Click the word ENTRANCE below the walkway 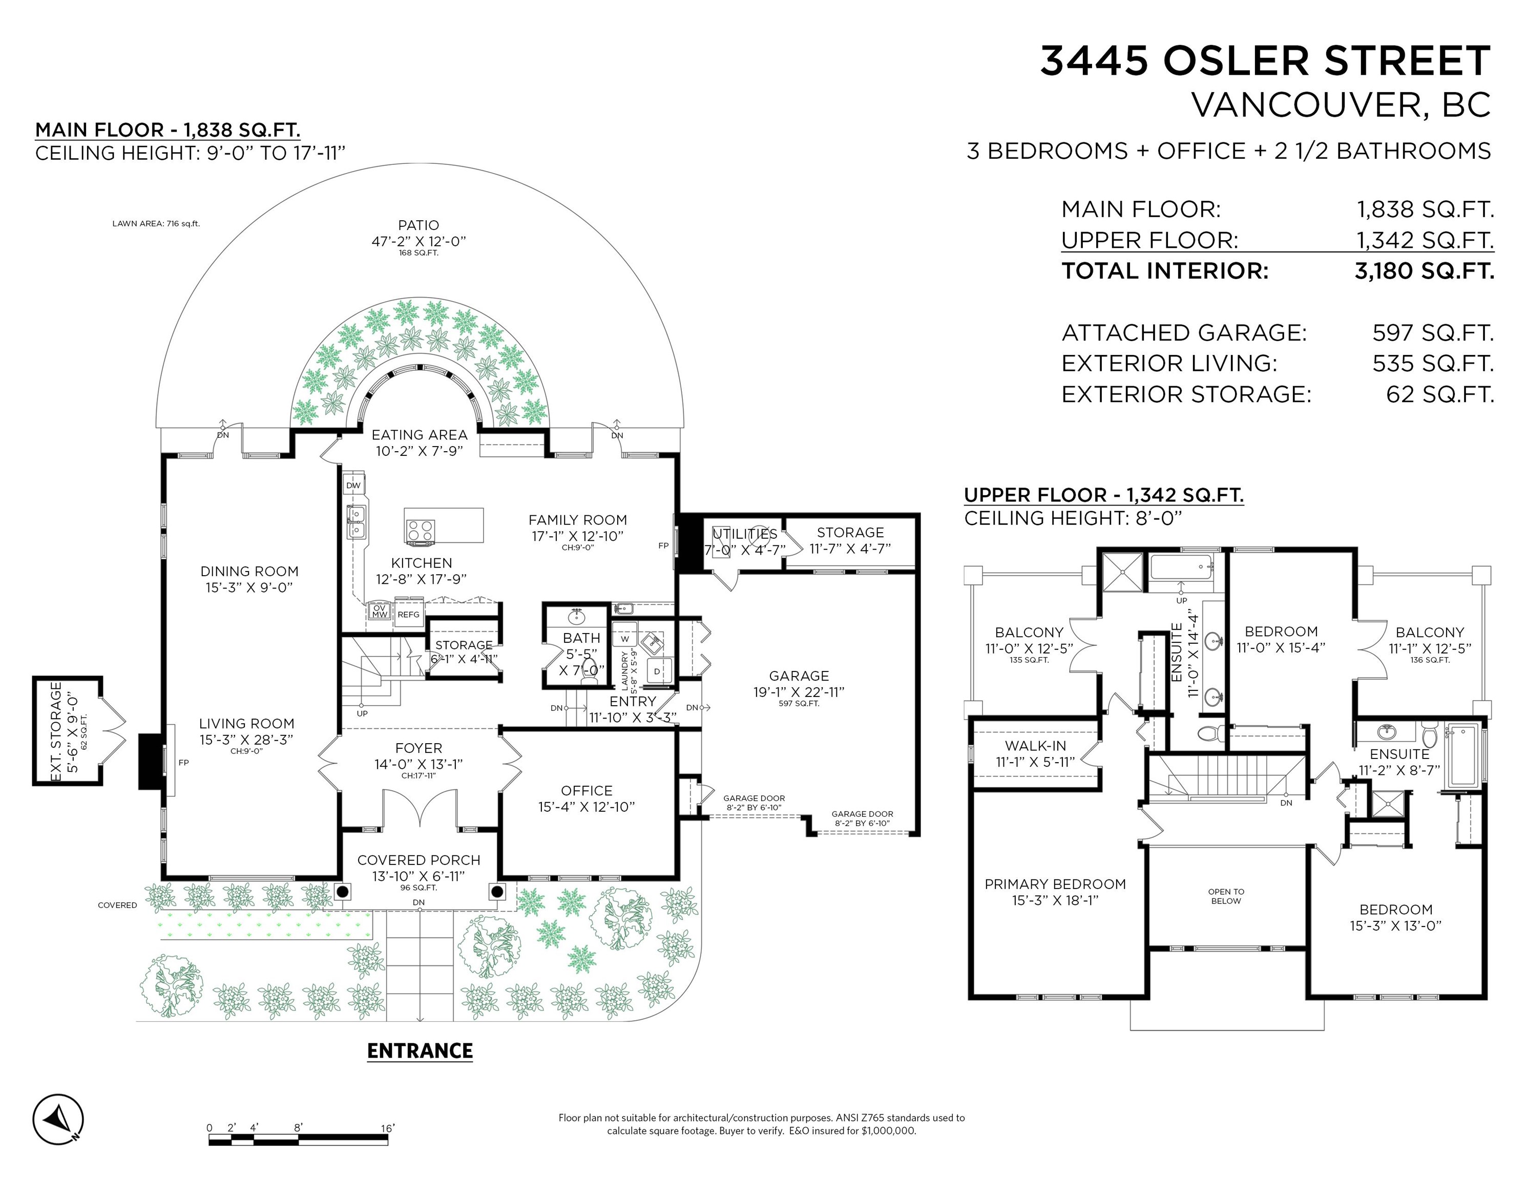tap(420, 1051)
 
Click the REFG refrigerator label tap(408, 615)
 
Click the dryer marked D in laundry tap(657, 671)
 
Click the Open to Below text tap(1226, 896)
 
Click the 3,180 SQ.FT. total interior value tap(1424, 270)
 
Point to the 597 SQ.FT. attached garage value tap(1433, 333)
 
